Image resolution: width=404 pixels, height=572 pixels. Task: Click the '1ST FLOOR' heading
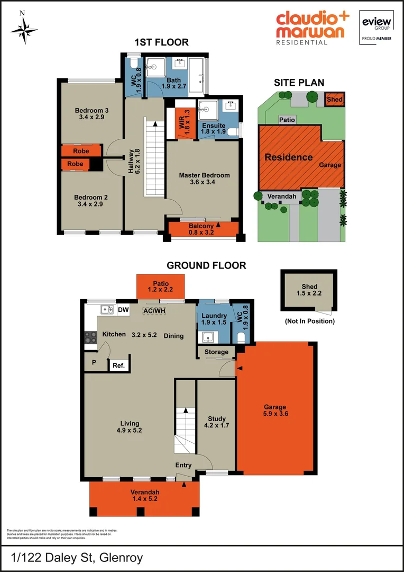click(x=161, y=42)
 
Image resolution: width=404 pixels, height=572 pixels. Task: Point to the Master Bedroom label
click(x=204, y=178)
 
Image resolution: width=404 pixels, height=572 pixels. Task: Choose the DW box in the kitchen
click(x=123, y=310)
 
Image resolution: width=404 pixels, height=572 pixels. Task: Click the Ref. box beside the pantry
click(x=118, y=365)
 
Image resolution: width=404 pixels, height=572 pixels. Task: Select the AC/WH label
click(x=154, y=311)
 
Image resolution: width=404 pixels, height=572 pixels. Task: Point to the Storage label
click(x=217, y=352)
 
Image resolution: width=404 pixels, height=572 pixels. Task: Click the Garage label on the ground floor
click(x=275, y=410)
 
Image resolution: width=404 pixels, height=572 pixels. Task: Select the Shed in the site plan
click(x=334, y=100)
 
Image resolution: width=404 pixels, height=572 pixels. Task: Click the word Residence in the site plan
click(x=288, y=157)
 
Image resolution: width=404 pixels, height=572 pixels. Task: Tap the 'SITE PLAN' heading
click(x=299, y=83)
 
